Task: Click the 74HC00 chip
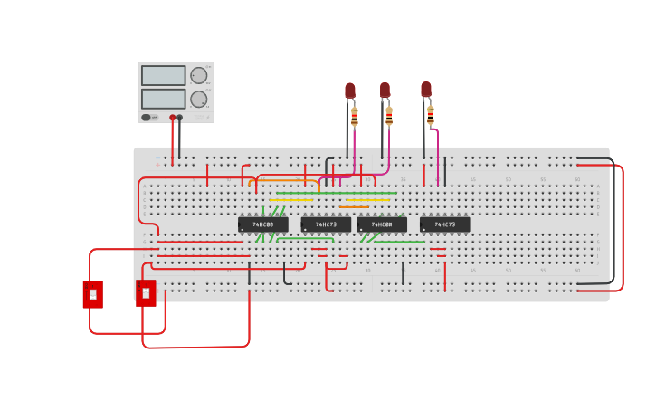[262, 224]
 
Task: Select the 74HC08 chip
[381, 224]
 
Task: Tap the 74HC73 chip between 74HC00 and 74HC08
[326, 224]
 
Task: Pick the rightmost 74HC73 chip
[444, 224]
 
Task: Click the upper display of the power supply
[163, 76]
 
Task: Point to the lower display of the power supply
[163, 99]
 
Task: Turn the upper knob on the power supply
[198, 76]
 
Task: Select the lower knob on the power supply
[198, 99]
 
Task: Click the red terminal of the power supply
[172, 117]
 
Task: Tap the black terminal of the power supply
[179, 117]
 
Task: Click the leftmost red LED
[350, 91]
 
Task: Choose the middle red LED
[385, 91]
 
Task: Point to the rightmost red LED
[426, 90]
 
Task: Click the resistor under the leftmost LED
[354, 116]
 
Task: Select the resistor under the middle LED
[389, 116]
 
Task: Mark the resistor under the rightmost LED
[431, 115]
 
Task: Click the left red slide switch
[92, 294]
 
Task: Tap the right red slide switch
[146, 293]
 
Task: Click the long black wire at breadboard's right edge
[613, 226]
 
